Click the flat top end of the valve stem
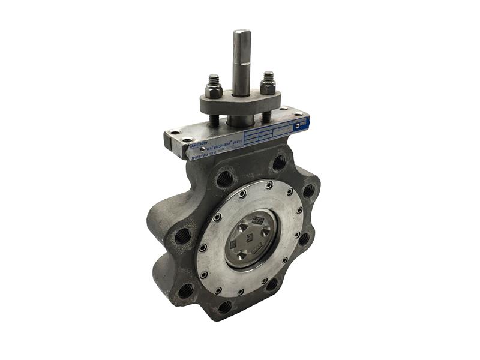point(241,33)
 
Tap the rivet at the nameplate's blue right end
point(293,125)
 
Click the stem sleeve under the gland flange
point(241,120)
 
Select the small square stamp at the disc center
point(246,236)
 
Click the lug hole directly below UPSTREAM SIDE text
point(224,178)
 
